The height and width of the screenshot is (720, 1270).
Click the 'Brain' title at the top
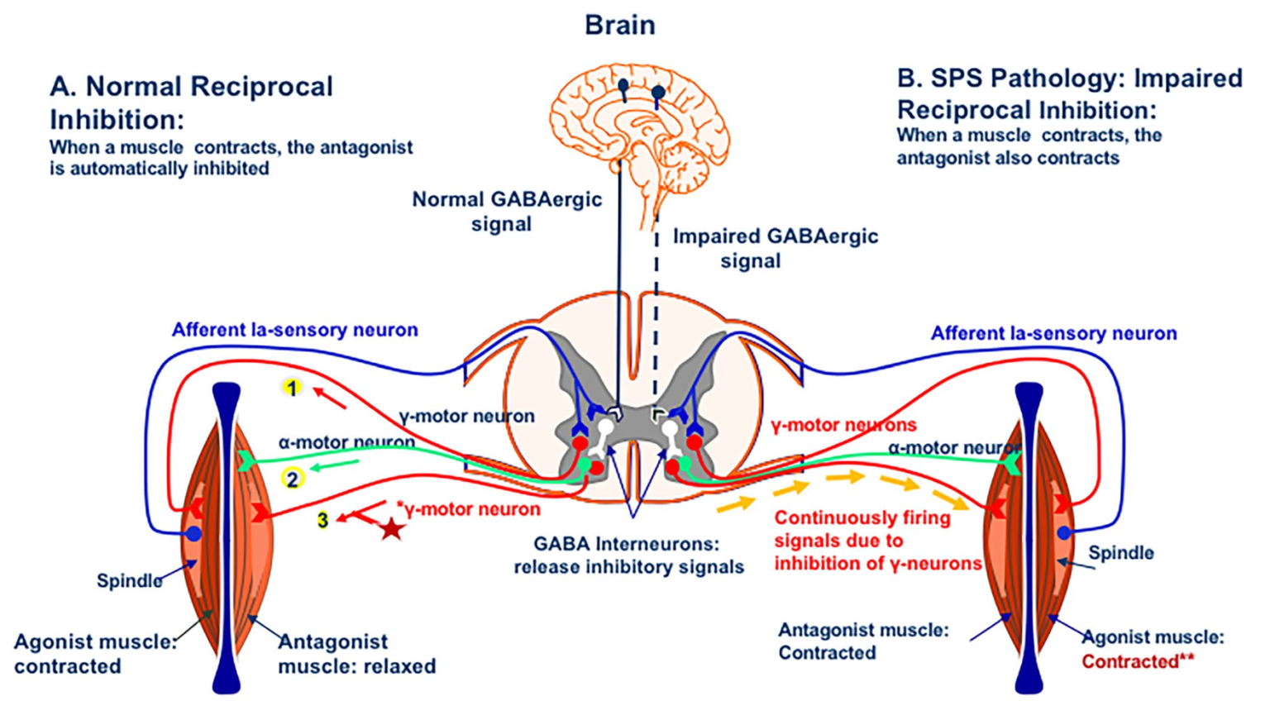coord(619,25)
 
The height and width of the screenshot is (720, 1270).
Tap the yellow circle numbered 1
coord(291,387)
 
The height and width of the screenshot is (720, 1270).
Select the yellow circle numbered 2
coord(291,479)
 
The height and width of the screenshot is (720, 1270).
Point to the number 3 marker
coord(322,520)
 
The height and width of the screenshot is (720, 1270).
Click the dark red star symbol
coord(391,528)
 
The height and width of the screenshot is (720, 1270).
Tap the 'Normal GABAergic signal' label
coord(506,212)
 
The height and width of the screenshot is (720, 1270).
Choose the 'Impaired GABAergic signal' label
coord(774,248)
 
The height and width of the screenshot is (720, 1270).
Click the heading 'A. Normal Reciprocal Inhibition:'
coord(191,103)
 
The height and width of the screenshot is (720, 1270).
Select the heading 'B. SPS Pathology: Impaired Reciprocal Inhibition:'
coord(1068,93)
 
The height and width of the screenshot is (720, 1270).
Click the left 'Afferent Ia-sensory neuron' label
coord(294,330)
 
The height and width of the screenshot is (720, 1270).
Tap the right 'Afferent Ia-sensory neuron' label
coord(1053,333)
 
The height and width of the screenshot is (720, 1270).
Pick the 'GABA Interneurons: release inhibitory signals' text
coord(628,555)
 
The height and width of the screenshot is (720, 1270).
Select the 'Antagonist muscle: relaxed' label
coord(356,654)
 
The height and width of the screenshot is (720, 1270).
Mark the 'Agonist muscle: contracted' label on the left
coord(94,654)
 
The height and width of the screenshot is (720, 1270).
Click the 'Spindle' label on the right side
coord(1120,553)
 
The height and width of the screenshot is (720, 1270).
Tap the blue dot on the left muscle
coord(193,534)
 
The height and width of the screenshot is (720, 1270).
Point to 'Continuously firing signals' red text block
coord(876,541)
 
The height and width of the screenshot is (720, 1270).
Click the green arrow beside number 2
coord(333,467)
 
